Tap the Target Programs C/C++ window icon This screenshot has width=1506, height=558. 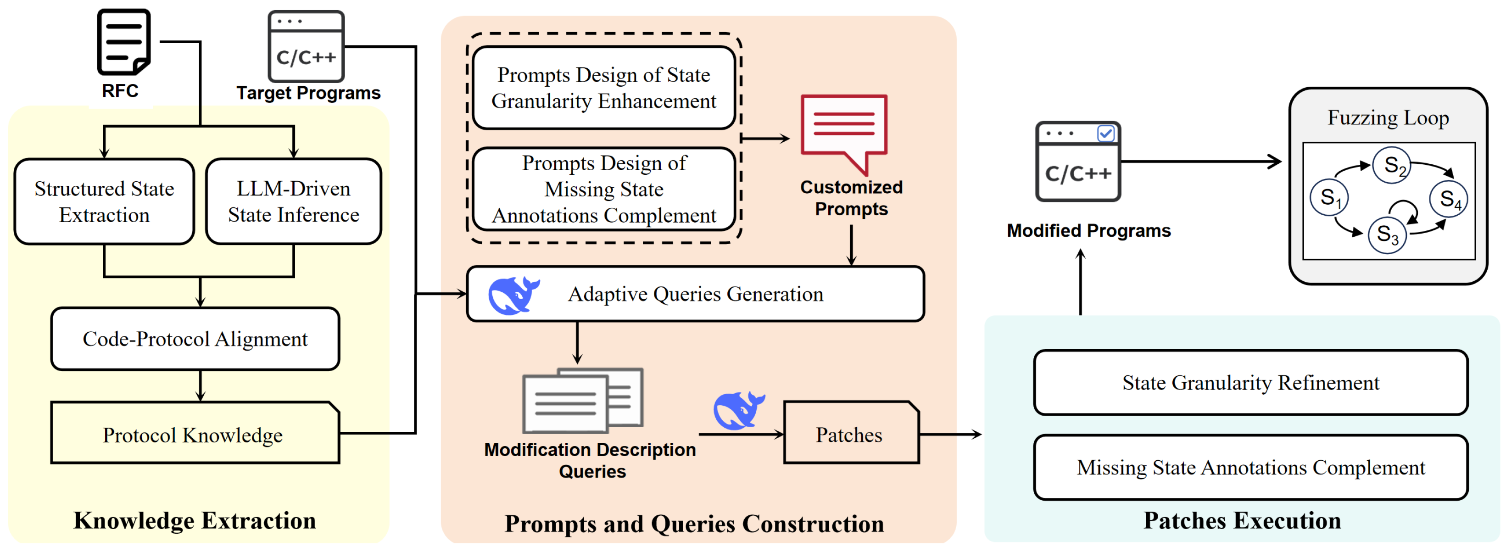pyautogui.click(x=306, y=47)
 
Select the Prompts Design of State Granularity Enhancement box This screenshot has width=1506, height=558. pyautogui.click(x=603, y=88)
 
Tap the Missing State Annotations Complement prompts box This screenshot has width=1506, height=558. pyautogui.click(x=603, y=189)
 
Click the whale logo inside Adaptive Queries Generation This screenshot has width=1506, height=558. pyautogui.click(x=513, y=296)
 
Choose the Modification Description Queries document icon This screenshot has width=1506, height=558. pyautogui.click(x=582, y=401)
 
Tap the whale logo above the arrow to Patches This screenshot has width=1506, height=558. pyautogui.click(x=738, y=411)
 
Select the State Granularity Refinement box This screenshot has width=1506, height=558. pyautogui.click(x=1250, y=383)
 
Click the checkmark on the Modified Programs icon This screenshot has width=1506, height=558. pyautogui.click(x=1105, y=134)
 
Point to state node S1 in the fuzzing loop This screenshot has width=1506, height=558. pyautogui.click(x=1329, y=198)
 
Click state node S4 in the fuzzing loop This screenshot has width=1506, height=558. pyautogui.click(x=1448, y=199)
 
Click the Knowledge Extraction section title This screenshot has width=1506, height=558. pyautogui.click(x=195, y=520)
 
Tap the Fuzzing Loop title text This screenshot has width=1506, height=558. pyautogui.click(x=1388, y=117)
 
